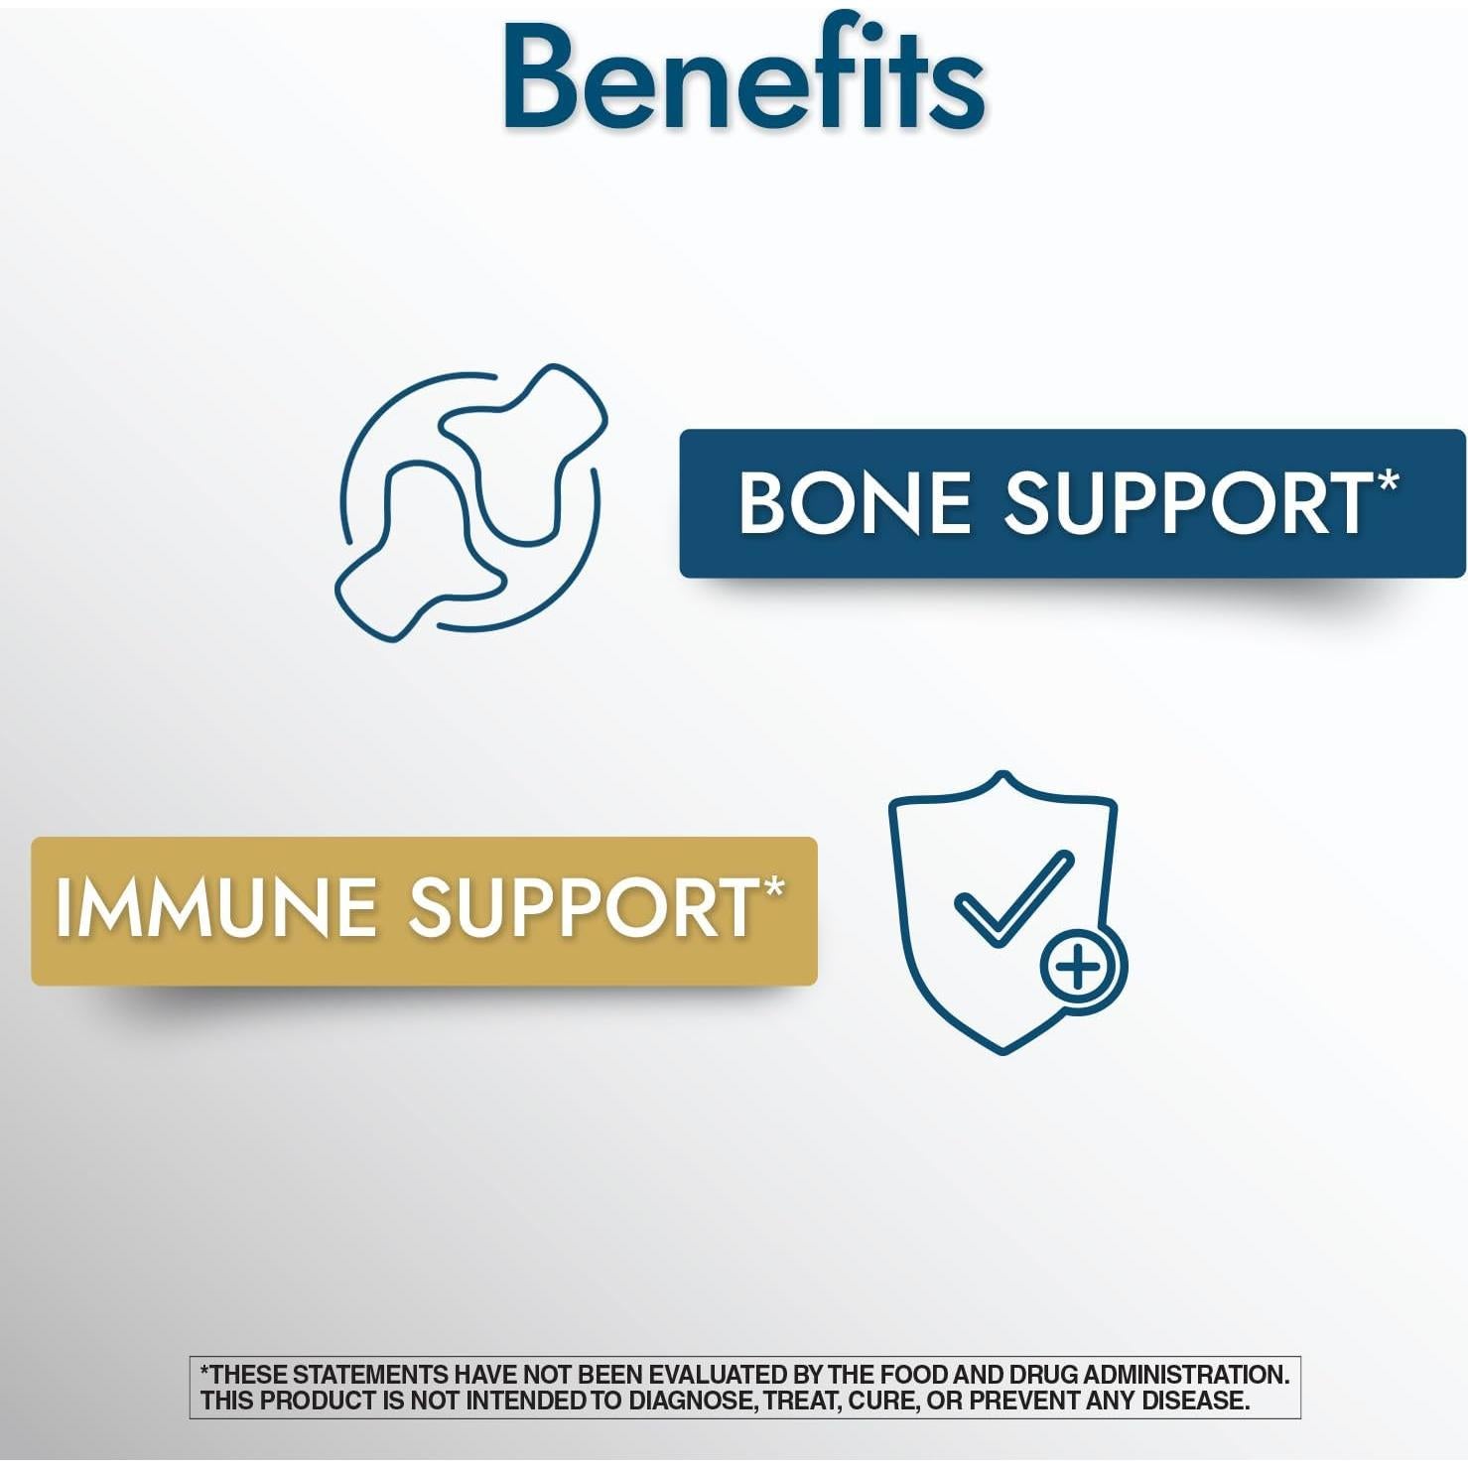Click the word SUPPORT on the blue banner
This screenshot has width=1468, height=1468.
coord(1188,502)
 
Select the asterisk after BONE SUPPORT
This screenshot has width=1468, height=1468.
coord(1388,481)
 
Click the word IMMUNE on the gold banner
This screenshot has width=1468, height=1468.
coord(215,907)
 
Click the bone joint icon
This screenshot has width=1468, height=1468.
coord(470,502)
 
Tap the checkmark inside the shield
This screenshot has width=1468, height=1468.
coord(1012,897)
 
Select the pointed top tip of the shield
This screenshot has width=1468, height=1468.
coord(1003,773)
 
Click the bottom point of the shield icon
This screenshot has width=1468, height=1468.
coord(1003,1052)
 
